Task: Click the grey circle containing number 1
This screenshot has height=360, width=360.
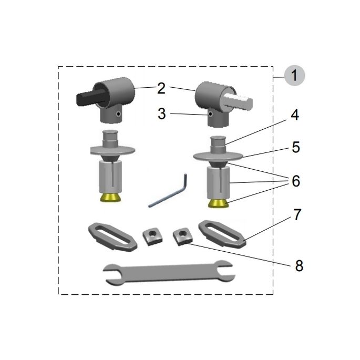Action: pyautogui.click(x=294, y=75)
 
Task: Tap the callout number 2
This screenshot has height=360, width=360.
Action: pyautogui.click(x=161, y=88)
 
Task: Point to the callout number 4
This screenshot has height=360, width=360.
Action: pyautogui.click(x=295, y=116)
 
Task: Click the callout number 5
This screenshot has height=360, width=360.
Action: pyautogui.click(x=295, y=148)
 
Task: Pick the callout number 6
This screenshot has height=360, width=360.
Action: pyautogui.click(x=295, y=181)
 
